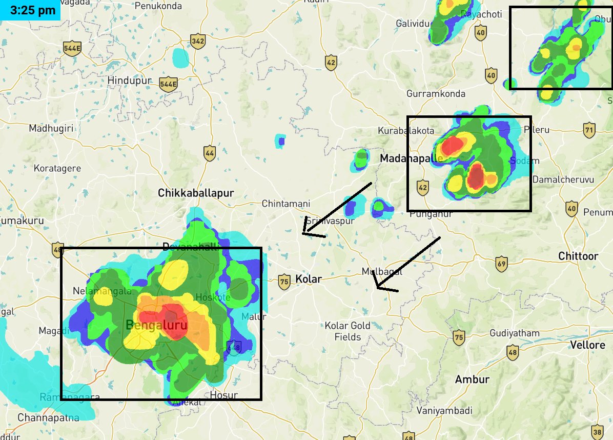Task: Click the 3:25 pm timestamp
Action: click(30, 10)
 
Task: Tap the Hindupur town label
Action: click(130, 81)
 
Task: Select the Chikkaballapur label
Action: click(196, 193)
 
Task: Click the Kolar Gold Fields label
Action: click(348, 331)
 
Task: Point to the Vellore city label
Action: click(589, 345)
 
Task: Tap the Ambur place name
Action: click(472, 379)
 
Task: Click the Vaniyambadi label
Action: click(444, 411)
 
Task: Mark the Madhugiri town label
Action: click(51, 128)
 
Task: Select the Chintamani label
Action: click(286, 204)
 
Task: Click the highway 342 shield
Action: click(197, 39)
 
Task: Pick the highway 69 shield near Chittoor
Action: click(502, 265)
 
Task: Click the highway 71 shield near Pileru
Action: click(589, 130)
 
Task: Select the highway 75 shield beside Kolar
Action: click(283, 281)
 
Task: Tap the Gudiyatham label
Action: click(514, 333)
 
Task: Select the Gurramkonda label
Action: click(436, 94)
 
